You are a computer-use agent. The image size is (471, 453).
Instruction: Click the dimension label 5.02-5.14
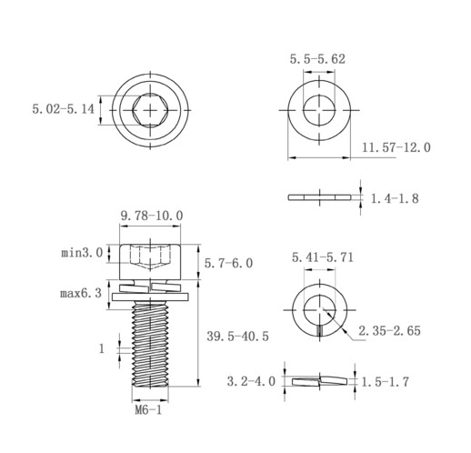click(x=64, y=109)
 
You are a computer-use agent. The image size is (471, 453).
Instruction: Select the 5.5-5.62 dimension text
click(x=317, y=59)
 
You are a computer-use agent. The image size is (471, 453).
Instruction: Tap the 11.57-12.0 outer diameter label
click(x=396, y=147)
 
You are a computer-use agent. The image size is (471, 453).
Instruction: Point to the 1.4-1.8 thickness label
click(x=395, y=198)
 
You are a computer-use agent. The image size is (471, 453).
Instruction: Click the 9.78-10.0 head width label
click(x=152, y=216)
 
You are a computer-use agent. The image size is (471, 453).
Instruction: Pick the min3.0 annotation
click(x=82, y=253)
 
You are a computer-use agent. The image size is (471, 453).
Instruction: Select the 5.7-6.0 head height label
click(x=228, y=263)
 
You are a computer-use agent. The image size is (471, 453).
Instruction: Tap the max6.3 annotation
click(x=81, y=293)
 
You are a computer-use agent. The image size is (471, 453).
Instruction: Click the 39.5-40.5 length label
click(x=237, y=337)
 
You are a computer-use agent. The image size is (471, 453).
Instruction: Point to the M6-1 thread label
click(x=148, y=410)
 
